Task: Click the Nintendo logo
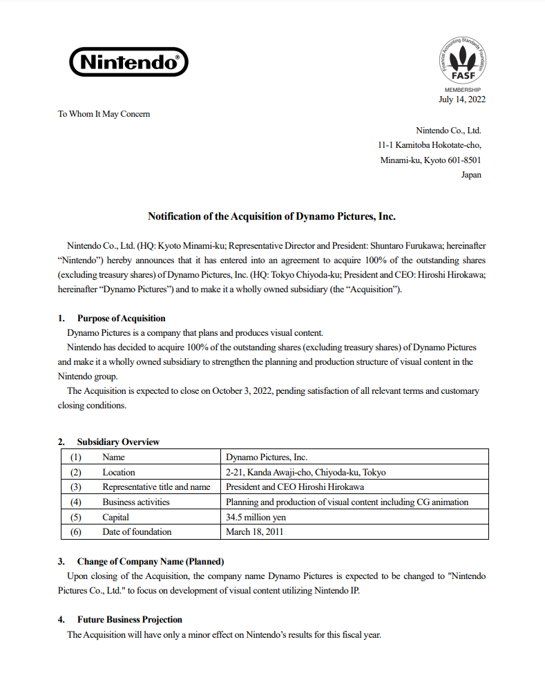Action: coord(128,62)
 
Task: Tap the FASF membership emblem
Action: coord(462,63)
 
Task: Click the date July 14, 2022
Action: coord(462,99)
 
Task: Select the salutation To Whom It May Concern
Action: coord(104,114)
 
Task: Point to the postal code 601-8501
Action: coord(463,160)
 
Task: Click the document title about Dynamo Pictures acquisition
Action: coord(271,216)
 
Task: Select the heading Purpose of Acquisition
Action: coord(121,319)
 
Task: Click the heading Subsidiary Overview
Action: coord(118,442)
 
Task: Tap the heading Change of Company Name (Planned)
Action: coord(151,562)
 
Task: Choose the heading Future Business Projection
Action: coord(130,620)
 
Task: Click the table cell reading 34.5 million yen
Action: coord(256,517)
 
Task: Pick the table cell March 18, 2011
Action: coord(254,532)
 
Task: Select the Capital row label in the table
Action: coord(115,517)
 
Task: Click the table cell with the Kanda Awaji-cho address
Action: coord(305,473)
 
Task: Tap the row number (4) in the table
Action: coord(76,502)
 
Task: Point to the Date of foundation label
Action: coord(137,532)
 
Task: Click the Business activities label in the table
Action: coord(136,502)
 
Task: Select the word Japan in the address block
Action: coord(471,175)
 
